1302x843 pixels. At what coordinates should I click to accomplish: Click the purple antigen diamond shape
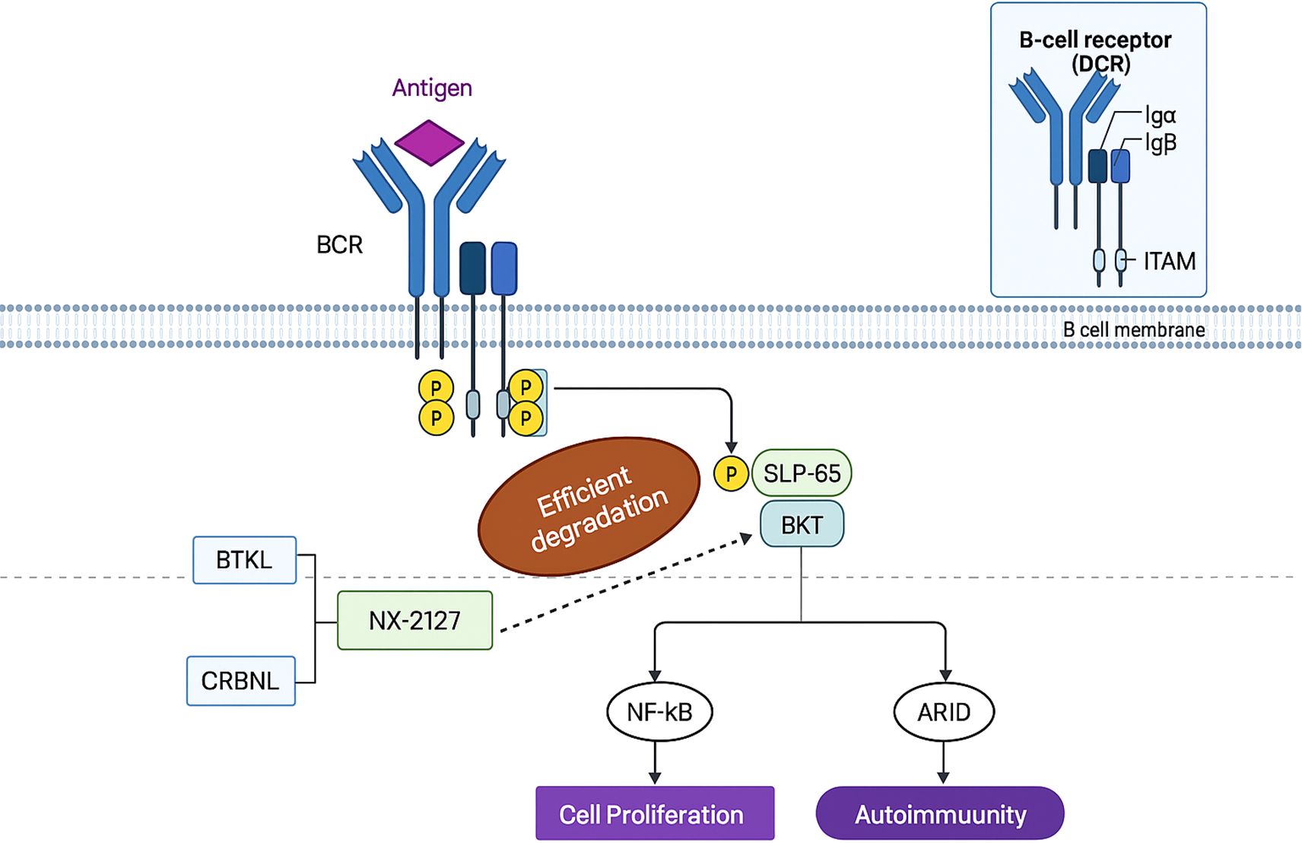(429, 142)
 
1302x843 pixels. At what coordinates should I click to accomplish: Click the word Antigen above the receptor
(432, 88)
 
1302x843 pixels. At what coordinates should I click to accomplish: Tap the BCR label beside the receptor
(339, 245)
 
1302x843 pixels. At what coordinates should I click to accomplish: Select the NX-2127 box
(414, 620)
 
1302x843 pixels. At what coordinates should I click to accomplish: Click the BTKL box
(244, 560)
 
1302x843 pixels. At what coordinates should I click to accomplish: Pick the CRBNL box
(240, 680)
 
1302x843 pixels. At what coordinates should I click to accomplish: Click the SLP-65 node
(802, 473)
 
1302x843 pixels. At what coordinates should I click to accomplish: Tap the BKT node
(802, 524)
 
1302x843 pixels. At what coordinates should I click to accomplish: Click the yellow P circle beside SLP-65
(731, 474)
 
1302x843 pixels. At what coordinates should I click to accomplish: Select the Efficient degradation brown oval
(589, 506)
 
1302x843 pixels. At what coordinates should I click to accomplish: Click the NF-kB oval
(659, 712)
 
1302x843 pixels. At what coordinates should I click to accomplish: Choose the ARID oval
(944, 712)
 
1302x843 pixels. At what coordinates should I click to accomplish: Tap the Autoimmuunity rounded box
(940, 814)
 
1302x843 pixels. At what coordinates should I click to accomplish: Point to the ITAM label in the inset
(1169, 262)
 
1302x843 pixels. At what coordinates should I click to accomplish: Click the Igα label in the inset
(1161, 116)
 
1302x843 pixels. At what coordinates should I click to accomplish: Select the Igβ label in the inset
(1161, 142)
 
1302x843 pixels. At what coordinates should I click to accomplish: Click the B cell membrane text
(1133, 330)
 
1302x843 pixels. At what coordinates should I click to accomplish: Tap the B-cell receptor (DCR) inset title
(1096, 51)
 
